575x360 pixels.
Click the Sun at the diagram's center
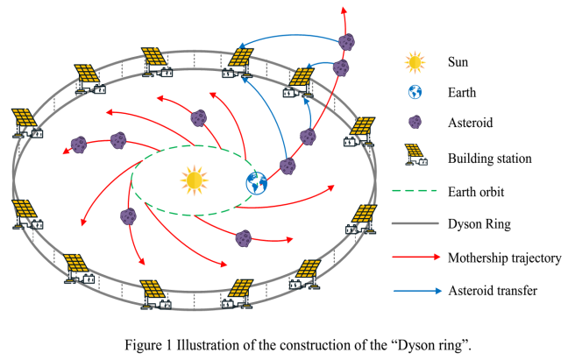(x=195, y=180)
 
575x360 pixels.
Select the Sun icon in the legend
(x=414, y=62)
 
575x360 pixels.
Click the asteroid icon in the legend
(x=414, y=124)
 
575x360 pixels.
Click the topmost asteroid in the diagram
(x=348, y=41)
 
